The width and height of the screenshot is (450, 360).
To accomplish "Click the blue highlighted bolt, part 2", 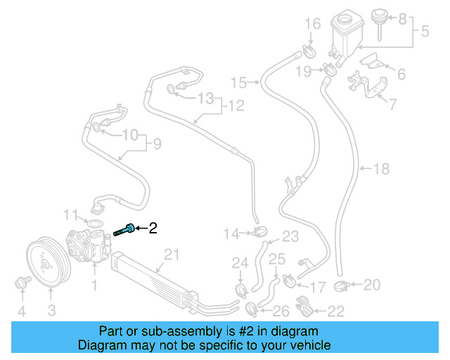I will tap(127, 229).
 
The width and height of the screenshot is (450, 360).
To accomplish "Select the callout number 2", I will tap(153, 228).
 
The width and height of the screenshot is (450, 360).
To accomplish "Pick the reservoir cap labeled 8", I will tap(382, 17).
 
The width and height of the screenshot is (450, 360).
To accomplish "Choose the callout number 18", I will tap(381, 169).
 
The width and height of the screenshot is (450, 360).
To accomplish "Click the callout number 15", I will tap(240, 83).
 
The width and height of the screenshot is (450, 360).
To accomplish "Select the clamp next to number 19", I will tap(327, 70).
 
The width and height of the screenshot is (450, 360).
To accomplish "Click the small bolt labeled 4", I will tap(21, 283).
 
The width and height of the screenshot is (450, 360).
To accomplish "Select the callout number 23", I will tap(290, 236).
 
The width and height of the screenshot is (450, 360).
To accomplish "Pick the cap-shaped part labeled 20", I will tap(343, 285).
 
